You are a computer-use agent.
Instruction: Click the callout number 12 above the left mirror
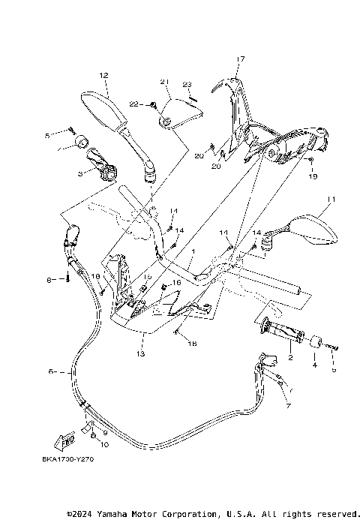(x=103, y=75)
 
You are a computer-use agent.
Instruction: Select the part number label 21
(x=164, y=82)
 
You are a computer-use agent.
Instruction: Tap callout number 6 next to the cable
(x=51, y=371)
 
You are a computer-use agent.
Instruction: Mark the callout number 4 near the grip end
(x=315, y=365)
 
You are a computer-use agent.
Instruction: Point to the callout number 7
(x=287, y=405)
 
